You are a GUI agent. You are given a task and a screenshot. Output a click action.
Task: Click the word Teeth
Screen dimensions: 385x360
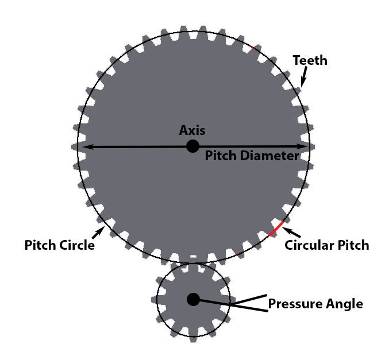pyautogui.click(x=310, y=60)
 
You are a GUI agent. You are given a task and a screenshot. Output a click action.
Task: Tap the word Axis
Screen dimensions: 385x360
pyautogui.click(x=192, y=130)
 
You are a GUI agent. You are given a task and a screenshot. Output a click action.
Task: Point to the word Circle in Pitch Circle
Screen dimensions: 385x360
pyautogui.click(x=78, y=245)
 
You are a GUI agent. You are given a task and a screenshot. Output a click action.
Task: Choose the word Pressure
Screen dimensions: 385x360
pyautogui.click(x=294, y=304)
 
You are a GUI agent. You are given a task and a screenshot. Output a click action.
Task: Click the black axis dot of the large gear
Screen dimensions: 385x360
pyautogui.click(x=192, y=146)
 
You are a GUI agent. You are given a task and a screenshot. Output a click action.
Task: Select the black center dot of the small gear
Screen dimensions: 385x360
pyautogui.click(x=193, y=299)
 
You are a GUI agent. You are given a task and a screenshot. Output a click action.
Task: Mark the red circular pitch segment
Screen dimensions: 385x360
pyautogui.click(x=276, y=229)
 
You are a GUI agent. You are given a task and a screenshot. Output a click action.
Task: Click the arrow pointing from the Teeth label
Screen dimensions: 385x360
pyautogui.click(x=304, y=77)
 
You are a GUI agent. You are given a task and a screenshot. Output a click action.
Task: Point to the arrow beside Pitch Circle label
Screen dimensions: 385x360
pyautogui.click(x=98, y=233)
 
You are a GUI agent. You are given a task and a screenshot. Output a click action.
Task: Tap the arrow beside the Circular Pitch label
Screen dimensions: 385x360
pyautogui.click(x=291, y=232)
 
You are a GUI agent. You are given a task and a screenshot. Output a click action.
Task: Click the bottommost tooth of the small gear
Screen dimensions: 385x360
pyautogui.click(x=194, y=339)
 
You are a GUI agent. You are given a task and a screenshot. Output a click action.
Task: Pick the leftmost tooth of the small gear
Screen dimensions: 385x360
pyautogui.click(x=155, y=300)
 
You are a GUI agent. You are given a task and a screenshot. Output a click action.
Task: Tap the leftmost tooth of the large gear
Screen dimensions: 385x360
pyautogui.click(x=75, y=146)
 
